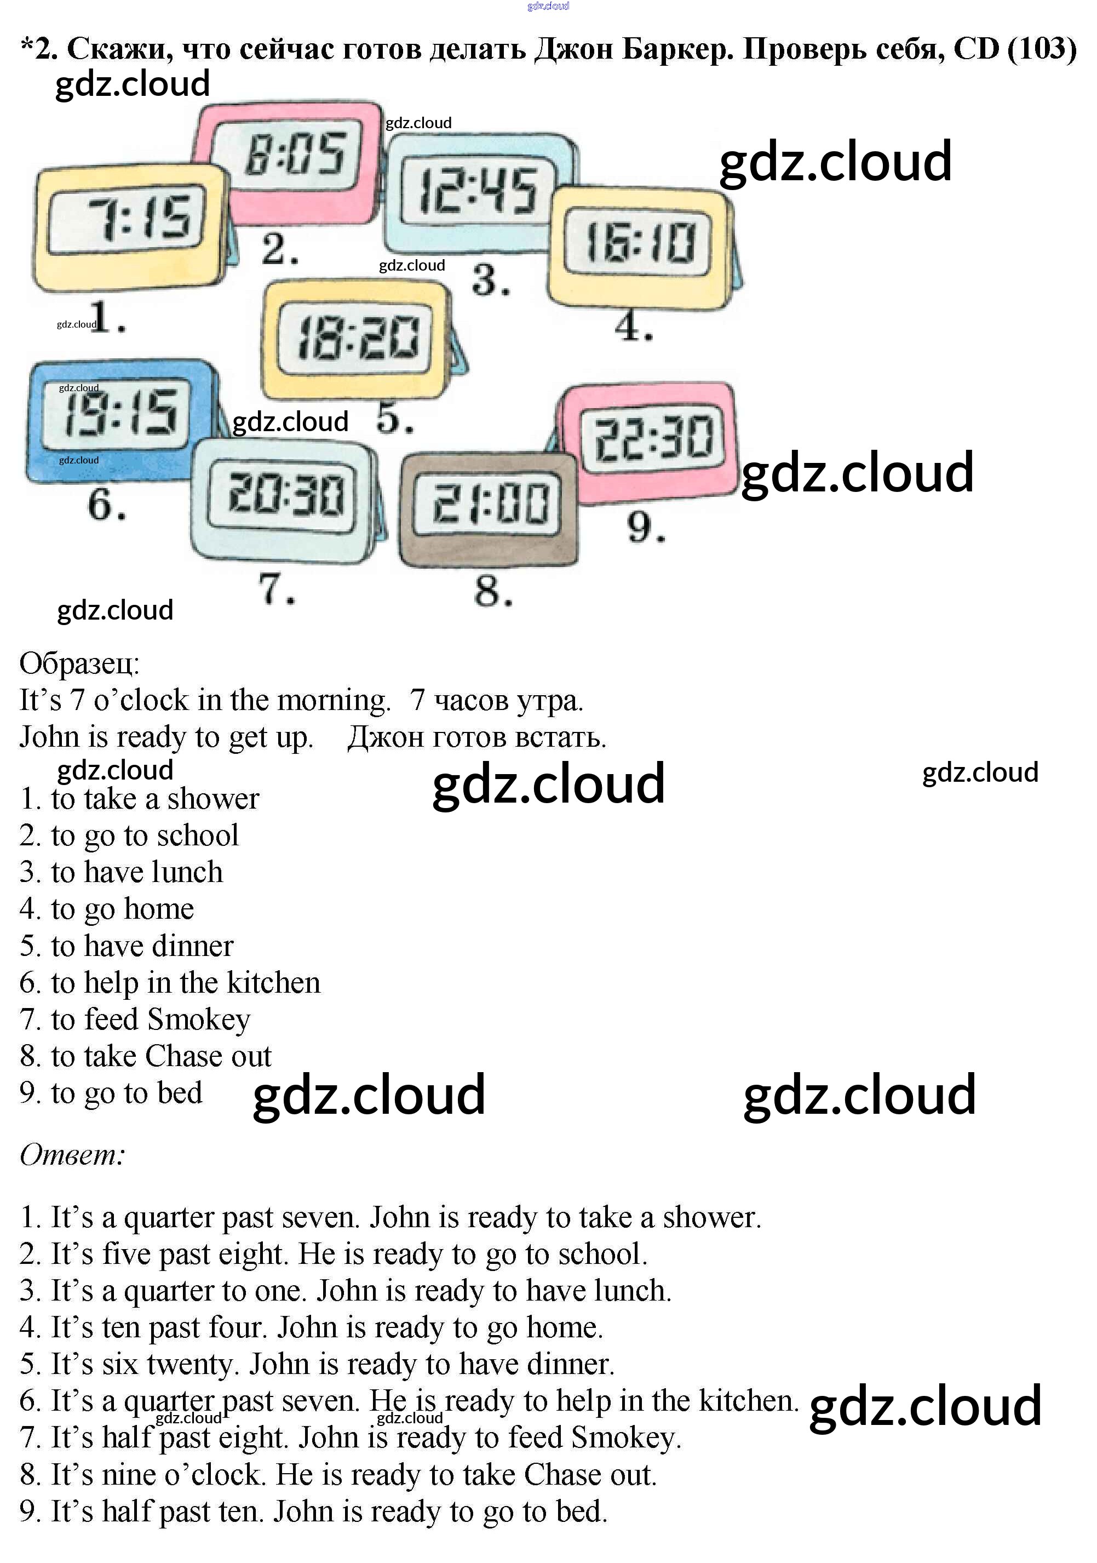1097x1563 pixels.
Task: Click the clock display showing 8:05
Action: click(x=295, y=154)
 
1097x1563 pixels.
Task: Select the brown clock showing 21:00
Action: click(x=489, y=505)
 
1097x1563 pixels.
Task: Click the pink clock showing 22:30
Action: click(x=652, y=439)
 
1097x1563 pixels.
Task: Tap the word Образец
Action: click(x=79, y=663)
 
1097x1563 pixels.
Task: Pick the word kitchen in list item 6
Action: click(x=273, y=983)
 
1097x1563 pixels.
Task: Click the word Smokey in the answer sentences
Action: click(x=625, y=1438)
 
